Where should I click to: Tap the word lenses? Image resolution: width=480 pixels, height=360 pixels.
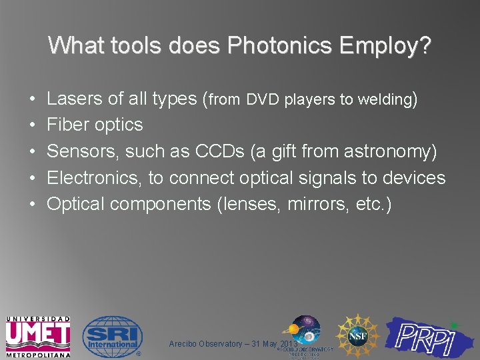tap(251, 205)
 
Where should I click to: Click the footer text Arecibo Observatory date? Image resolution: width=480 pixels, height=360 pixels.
tap(223, 344)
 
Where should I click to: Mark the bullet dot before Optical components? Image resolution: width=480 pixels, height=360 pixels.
tap(33, 205)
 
